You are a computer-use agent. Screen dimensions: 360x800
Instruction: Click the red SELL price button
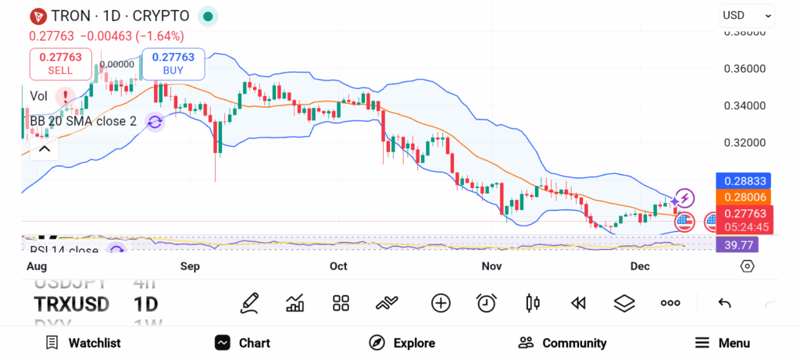pyautogui.click(x=60, y=64)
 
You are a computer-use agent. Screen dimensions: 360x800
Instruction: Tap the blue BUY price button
pyautogui.click(x=173, y=64)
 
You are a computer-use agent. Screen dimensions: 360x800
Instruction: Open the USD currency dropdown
pyautogui.click(x=746, y=15)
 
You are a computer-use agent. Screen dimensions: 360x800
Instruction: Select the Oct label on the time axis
pyautogui.click(x=338, y=266)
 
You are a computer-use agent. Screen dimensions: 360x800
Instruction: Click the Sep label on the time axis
pyautogui.click(x=191, y=266)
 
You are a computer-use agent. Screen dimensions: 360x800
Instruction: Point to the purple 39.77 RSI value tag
pyautogui.click(x=737, y=245)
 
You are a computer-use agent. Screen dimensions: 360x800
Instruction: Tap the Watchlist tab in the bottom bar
pyautogui.click(x=83, y=343)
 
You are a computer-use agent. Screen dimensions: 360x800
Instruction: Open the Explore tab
pyautogui.click(x=402, y=343)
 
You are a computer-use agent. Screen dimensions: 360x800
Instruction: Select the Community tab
pyautogui.click(x=562, y=343)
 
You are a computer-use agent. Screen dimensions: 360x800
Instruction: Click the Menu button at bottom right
pyautogui.click(x=722, y=343)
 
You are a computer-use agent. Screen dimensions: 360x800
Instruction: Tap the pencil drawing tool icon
pyautogui.click(x=249, y=303)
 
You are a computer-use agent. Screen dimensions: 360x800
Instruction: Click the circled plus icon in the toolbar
pyautogui.click(x=441, y=303)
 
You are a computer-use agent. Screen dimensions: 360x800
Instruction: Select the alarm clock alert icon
pyautogui.click(x=487, y=303)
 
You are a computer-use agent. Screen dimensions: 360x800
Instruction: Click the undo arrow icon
pyautogui.click(x=724, y=303)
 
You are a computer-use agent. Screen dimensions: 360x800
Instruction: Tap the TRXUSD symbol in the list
pyautogui.click(x=71, y=304)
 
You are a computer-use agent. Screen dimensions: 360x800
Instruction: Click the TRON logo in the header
pyautogui.click(x=36, y=16)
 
